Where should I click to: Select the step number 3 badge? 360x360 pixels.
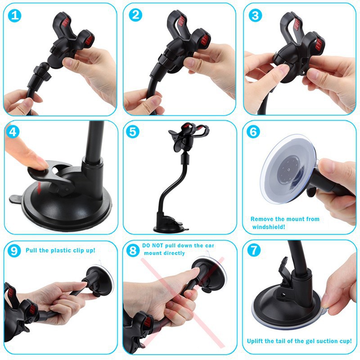click(x=256, y=15)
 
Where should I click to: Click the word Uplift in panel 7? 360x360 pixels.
click(x=256, y=341)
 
